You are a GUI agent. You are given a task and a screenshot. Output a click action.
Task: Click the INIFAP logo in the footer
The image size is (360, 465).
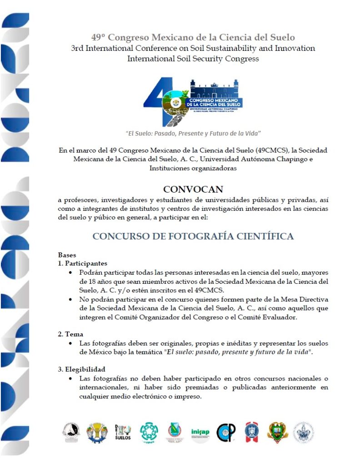point(200,432)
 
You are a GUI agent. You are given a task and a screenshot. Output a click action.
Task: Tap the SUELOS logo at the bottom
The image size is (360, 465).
point(123,432)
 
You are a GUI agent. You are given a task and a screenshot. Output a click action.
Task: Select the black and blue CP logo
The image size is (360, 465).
point(225,432)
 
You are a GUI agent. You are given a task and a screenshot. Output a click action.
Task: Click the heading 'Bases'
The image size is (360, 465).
point(67,255)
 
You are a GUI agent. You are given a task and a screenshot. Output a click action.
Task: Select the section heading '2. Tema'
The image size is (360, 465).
point(70,334)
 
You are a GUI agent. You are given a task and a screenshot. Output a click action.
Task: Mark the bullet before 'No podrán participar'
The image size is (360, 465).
point(70,300)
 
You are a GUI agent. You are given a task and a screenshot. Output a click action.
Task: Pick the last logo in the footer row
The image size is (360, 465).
point(303,432)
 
